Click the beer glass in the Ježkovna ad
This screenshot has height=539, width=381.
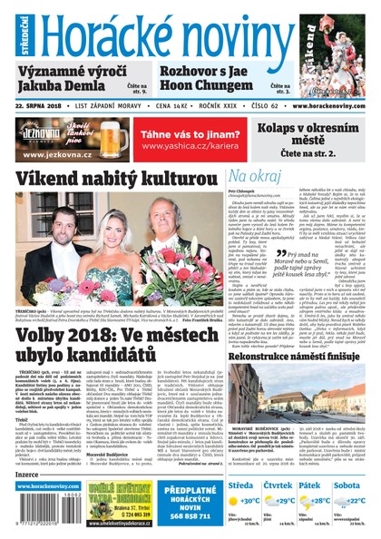click(114, 137)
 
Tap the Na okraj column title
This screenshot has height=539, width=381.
click(253, 175)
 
